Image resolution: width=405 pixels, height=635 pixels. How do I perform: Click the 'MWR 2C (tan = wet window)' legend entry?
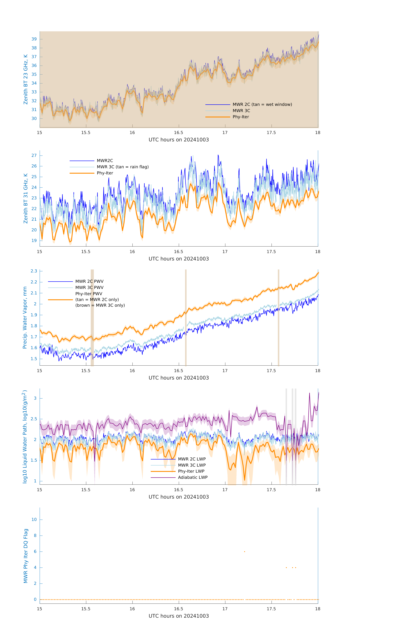pyautogui.click(x=262, y=104)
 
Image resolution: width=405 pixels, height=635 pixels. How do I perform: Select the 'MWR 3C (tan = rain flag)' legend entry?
pyautogui.click(x=122, y=167)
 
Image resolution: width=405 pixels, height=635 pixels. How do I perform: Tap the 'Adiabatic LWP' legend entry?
pyautogui.click(x=193, y=477)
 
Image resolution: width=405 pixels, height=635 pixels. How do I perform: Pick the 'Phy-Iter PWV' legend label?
pyautogui.click(x=89, y=294)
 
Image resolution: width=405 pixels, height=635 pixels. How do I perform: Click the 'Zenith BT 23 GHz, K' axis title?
pyautogui.click(x=26, y=79)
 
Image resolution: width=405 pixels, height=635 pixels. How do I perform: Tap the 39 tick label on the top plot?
pyautogui.click(x=34, y=39)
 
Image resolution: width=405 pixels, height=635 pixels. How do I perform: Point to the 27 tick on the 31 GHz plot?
pyautogui.click(x=34, y=156)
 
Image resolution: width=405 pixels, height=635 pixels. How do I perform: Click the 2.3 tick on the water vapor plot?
pyautogui.click(x=34, y=271)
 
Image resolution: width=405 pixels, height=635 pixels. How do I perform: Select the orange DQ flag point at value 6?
pyautogui.click(x=245, y=552)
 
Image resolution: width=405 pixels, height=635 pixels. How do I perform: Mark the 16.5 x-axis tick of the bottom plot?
pyautogui.click(x=179, y=609)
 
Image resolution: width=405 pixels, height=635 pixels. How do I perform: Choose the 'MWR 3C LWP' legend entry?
pyautogui.click(x=192, y=465)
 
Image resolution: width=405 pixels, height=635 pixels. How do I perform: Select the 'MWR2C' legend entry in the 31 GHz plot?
pyautogui.click(x=105, y=161)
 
